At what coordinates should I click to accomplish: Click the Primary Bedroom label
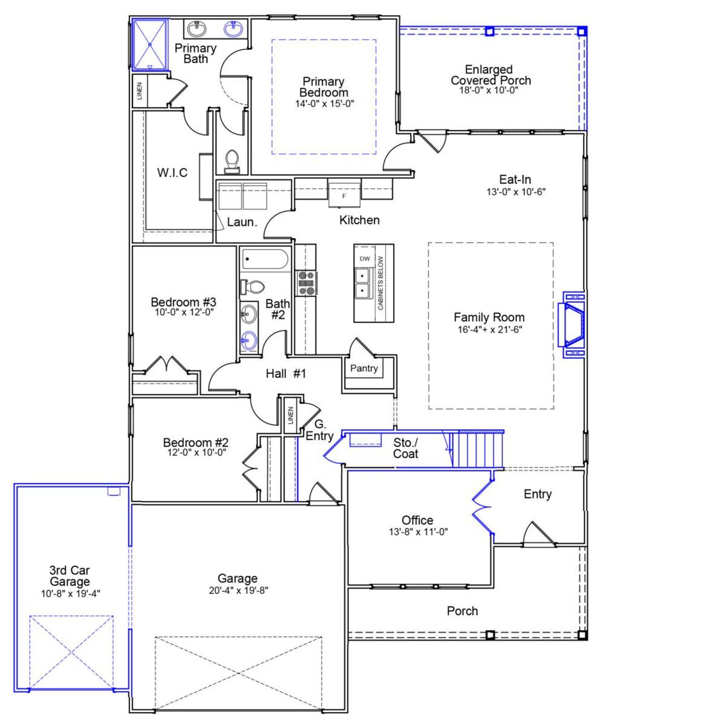pos(324,87)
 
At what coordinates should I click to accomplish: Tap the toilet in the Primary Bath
pos(232,161)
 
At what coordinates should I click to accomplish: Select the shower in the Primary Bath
pos(150,44)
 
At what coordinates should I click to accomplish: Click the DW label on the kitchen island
pos(365,258)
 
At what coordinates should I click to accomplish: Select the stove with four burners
pos(306,283)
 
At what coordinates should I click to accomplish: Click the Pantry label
pos(364,368)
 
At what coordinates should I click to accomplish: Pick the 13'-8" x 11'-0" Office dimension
pos(419,532)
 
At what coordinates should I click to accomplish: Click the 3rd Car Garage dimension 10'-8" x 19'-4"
pos(71,593)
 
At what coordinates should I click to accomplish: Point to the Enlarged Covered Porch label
pos(490,75)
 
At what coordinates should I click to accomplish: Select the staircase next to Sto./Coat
pos(480,449)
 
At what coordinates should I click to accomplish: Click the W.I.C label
pos(173,173)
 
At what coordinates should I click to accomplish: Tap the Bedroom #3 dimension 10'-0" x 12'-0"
pos(184,312)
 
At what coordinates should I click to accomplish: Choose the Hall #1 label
pos(286,373)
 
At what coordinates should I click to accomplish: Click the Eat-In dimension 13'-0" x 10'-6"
pos(516,191)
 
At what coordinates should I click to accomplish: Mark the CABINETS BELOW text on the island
pos(381,283)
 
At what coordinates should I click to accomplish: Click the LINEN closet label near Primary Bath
pos(140,90)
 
